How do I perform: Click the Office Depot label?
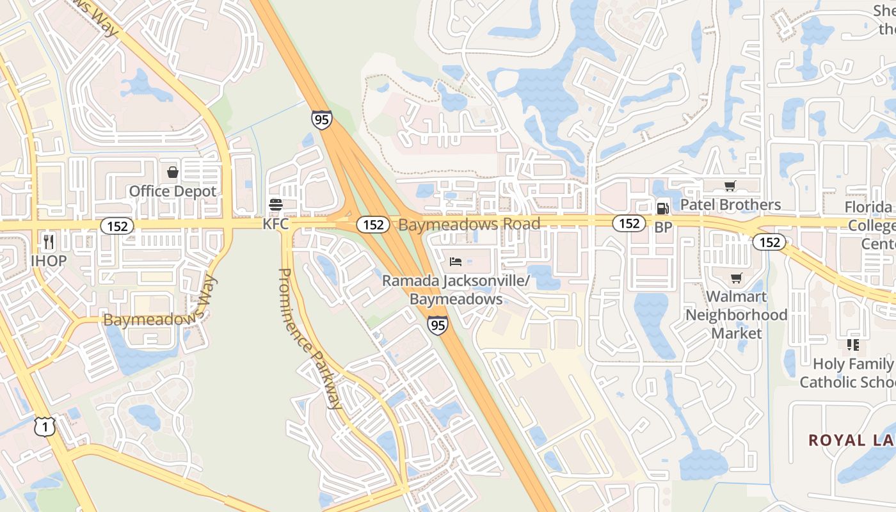(x=173, y=191)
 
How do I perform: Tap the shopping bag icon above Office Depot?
(x=173, y=172)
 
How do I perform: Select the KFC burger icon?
(x=276, y=205)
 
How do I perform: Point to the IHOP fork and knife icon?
(x=48, y=241)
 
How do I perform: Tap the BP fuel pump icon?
(x=662, y=208)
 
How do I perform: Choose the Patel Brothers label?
(x=730, y=205)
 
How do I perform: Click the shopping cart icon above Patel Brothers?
(x=730, y=186)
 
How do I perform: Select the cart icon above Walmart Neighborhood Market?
(x=737, y=278)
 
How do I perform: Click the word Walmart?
(x=737, y=297)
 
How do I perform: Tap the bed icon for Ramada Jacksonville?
(x=456, y=261)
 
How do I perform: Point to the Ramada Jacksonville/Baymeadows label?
(x=456, y=290)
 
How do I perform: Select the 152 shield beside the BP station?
(x=629, y=223)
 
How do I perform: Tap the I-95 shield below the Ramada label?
(x=438, y=325)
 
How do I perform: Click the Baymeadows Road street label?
(x=469, y=224)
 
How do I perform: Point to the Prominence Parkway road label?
(x=310, y=337)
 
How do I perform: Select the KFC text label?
(x=276, y=225)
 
